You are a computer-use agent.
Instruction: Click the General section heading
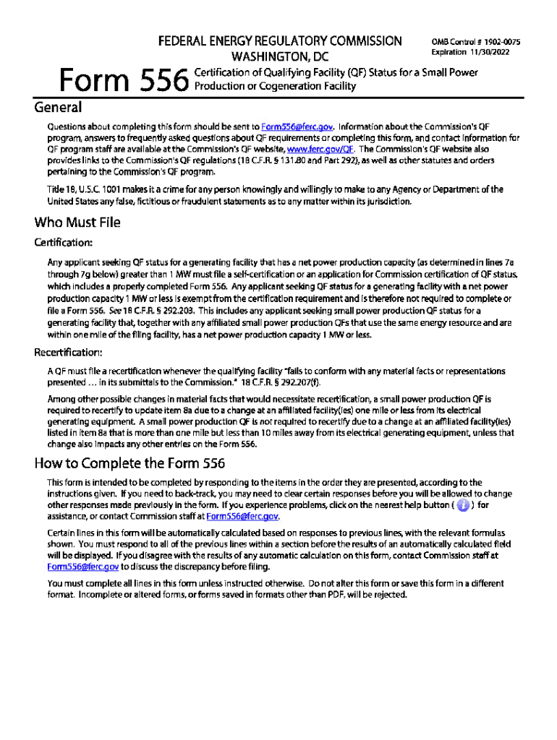click(x=58, y=108)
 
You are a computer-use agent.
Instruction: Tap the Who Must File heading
click(x=77, y=222)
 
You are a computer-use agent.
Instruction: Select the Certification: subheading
click(x=62, y=242)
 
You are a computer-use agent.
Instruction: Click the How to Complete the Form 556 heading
click(x=130, y=463)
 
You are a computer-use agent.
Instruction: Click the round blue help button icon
click(x=463, y=505)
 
